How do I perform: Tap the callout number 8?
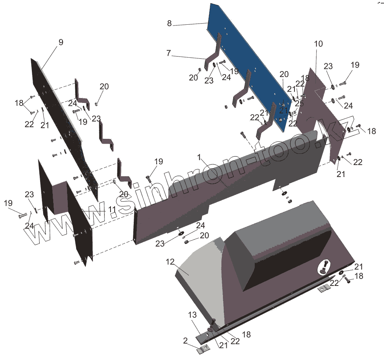click(x=169, y=23)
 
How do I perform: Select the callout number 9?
click(x=61, y=42)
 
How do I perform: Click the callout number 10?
click(x=318, y=44)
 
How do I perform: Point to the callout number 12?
click(x=170, y=262)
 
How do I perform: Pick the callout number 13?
click(x=193, y=315)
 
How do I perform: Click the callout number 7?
click(x=169, y=53)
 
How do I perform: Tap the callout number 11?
click(x=112, y=210)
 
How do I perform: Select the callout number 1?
click(x=199, y=157)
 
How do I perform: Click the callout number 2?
click(x=185, y=341)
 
